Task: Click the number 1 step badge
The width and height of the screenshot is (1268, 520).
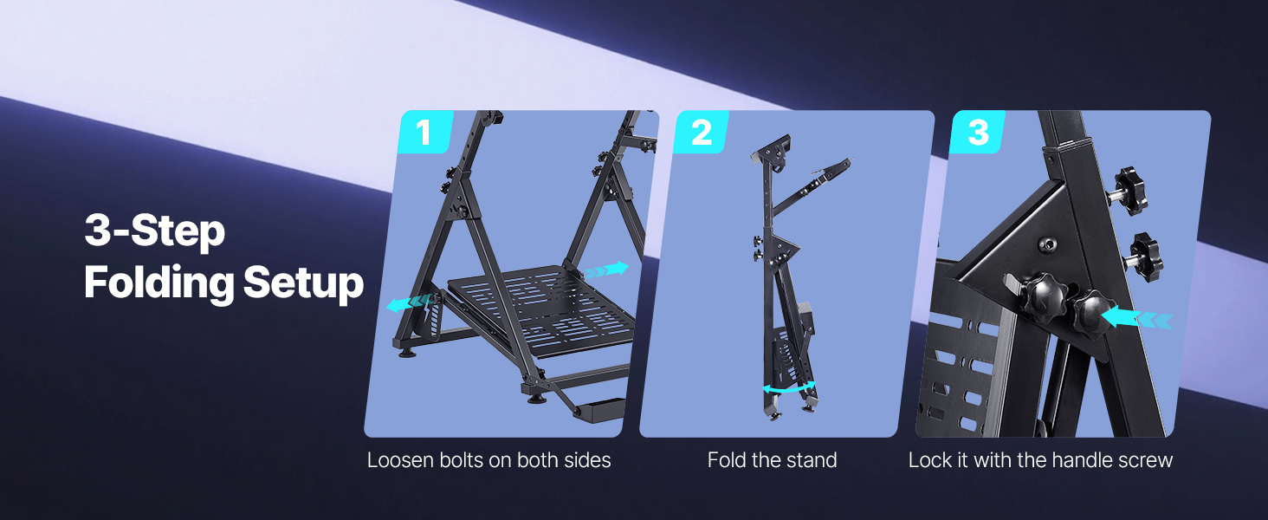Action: click(425, 132)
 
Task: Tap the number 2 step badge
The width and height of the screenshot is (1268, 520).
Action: click(702, 132)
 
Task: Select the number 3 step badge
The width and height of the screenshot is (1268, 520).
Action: click(978, 132)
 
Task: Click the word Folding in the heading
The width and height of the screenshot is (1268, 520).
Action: click(159, 283)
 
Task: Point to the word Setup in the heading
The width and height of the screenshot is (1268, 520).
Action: click(303, 283)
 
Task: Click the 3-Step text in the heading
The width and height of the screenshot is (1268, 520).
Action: click(154, 231)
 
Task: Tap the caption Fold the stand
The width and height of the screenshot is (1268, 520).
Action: click(772, 460)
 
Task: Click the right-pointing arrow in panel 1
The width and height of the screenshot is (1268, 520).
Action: click(606, 270)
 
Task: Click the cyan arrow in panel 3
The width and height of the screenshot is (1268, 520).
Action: click(1138, 318)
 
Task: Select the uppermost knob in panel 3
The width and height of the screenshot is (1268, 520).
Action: click(1129, 191)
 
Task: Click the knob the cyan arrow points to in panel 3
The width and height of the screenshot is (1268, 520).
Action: click(1092, 315)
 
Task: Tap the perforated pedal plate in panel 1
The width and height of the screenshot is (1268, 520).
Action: click(540, 310)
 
